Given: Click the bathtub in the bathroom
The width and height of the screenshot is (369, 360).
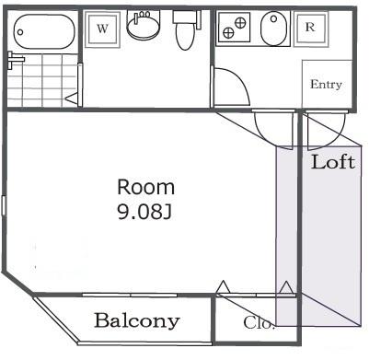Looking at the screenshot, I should click(x=43, y=32).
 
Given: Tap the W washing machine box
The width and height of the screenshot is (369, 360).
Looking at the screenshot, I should click(x=102, y=29).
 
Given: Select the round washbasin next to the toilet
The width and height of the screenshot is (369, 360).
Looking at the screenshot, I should click(x=143, y=29).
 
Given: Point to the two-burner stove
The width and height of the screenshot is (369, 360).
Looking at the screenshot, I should click(x=235, y=29).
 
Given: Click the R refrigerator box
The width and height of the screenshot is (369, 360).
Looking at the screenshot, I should click(x=310, y=28).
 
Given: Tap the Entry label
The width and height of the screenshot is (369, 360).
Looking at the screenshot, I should click(x=326, y=85).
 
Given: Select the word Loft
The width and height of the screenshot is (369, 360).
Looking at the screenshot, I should click(x=332, y=163).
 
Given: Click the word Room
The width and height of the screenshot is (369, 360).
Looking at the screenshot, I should click(x=144, y=186).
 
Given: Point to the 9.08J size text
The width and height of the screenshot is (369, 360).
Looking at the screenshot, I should click(x=144, y=213).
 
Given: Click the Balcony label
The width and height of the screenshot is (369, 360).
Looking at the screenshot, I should click(x=137, y=321).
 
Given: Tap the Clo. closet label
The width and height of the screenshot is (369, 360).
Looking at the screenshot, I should click(x=259, y=323).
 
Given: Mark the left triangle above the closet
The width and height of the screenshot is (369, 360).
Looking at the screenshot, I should click(x=223, y=288).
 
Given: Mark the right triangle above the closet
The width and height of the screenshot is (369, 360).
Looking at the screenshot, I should click(x=288, y=288).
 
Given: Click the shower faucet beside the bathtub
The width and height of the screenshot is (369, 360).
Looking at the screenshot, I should click(x=13, y=60).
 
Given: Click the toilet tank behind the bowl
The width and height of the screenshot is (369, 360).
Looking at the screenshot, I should click(x=180, y=17).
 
